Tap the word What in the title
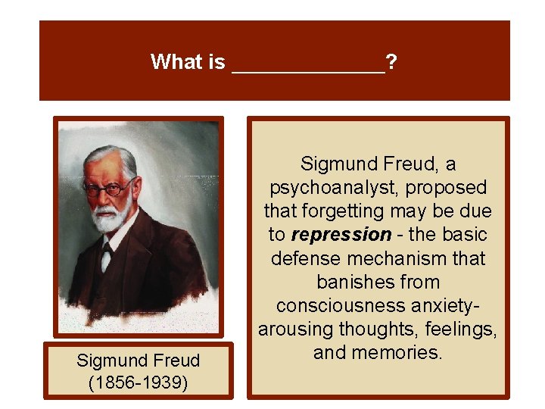[176, 62]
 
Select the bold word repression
[340, 235]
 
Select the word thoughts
[362, 329]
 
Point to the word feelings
[453, 329]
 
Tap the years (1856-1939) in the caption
[139, 382]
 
